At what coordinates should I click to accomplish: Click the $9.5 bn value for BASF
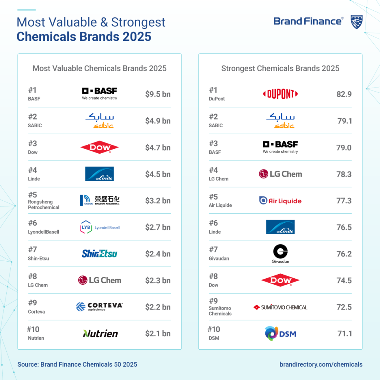coord(158,94)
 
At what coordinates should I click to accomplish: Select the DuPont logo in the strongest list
coord(280,94)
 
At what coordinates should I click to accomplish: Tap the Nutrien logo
coord(100,334)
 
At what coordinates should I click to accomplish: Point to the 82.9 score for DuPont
coord(344,94)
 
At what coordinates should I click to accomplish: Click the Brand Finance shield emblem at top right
coord(356,22)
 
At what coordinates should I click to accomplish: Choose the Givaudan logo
coord(280,254)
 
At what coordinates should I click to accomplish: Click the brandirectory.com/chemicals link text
coord(321,364)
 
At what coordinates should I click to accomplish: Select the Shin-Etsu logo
coord(99,254)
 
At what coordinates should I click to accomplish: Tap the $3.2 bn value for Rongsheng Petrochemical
coord(158,201)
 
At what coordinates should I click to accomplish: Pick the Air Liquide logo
coord(280,201)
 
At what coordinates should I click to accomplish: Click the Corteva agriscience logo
coord(99,307)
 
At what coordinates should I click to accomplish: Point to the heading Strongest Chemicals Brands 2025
coord(280,68)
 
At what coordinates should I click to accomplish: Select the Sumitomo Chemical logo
coord(280,307)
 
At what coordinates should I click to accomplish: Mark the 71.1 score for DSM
coord(344,334)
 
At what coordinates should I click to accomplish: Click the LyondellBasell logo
coord(99,227)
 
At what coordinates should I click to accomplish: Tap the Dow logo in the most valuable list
coord(99,148)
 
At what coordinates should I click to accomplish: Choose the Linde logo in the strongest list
coord(280,227)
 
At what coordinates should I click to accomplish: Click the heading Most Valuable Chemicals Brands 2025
coord(99,68)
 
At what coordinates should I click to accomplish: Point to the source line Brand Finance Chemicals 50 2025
coord(77,364)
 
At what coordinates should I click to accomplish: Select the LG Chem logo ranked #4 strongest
coord(280,174)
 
